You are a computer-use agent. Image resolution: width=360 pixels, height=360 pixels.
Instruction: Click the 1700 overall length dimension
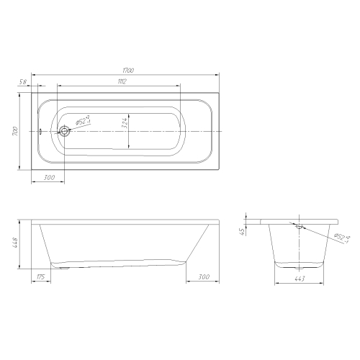click(x=128, y=71)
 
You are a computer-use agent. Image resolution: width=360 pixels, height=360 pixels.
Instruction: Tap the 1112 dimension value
click(x=122, y=81)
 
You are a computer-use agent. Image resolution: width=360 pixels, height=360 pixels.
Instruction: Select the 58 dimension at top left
click(x=22, y=82)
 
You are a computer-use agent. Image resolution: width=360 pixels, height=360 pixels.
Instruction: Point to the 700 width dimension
click(x=14, y=131)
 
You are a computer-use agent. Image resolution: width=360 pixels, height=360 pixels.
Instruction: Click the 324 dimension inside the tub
click(x=125, y=123)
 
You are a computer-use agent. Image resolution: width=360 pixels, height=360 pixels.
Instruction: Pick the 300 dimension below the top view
click(x=49, y=177)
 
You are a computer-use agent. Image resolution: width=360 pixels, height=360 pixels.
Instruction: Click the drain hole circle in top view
click(x=64, y=131)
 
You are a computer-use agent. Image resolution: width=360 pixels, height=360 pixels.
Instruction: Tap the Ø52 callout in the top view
click(x=83, y=120)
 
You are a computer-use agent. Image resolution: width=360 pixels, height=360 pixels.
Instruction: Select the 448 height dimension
click(x=14, y=243)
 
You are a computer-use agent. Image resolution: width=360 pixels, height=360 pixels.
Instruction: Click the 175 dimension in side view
click(x=41, y=277)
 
